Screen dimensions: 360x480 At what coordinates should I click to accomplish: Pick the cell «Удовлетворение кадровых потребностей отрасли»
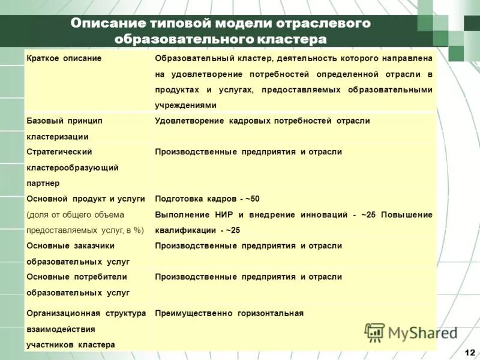[x=262, y=121]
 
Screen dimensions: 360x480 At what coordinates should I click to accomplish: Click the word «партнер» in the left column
[x=43, y=183]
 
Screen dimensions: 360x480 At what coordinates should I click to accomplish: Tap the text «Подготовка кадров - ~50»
[x=207, y=199]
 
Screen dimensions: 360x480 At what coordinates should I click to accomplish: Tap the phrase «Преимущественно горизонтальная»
[x=229, y=313]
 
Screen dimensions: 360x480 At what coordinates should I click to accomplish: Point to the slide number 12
[x=469, y=351]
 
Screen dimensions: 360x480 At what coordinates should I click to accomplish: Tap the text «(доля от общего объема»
[x=75, y=215]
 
